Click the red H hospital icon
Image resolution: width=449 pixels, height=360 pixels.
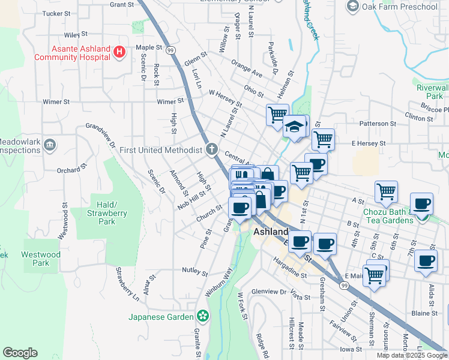click(x=119, y=52)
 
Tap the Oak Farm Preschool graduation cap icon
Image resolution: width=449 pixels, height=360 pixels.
click(x=352, y=7)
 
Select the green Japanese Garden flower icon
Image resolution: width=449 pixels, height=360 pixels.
click(x=203, y=316)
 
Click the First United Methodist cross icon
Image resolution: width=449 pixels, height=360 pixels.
click(x=211, y=149)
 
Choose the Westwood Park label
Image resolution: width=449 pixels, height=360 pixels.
click(x=40, y=259)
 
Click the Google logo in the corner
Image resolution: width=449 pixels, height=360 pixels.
click(x=20, y=353)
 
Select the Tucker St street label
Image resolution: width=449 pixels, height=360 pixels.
click(x=57, y=13)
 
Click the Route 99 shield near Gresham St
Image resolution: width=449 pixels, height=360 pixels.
click(x=343, y=286)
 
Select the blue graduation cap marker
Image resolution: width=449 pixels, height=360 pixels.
click(x=295, y=127)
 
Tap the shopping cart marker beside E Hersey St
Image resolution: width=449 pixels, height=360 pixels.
click(x=323, y=139)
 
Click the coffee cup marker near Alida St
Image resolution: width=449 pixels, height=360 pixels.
click(x=426, y=261)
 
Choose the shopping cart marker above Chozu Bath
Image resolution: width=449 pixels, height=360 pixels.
click(x=386, y=191)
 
